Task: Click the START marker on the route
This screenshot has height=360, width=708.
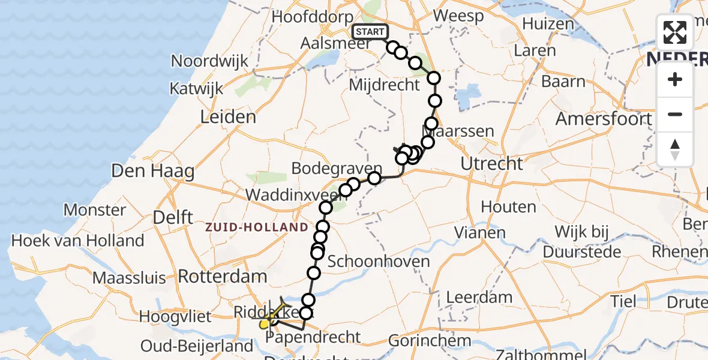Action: (x=370, y=32)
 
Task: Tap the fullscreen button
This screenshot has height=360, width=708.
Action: (x=675, y=32)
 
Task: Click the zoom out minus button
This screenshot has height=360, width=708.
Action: (x=675, y=114)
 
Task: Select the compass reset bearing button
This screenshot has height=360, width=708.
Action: (x=675, y=149)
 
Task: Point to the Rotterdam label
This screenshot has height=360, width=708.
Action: (x=223, y=277)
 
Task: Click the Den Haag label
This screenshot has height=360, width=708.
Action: (x=153, y=172)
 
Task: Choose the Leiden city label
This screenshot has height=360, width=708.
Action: (x=228, y=116)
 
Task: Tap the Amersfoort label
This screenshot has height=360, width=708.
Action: (x=604, y=119)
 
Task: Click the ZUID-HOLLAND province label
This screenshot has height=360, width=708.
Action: (x=257, y=227)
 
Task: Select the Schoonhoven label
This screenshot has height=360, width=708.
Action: (x=379, y=261)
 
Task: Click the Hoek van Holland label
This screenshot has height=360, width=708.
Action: (x=78, y=241)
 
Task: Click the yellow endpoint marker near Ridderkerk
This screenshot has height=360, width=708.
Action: (x=265, y=325)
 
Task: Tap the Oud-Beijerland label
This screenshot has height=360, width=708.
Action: (x=197, y=346)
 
